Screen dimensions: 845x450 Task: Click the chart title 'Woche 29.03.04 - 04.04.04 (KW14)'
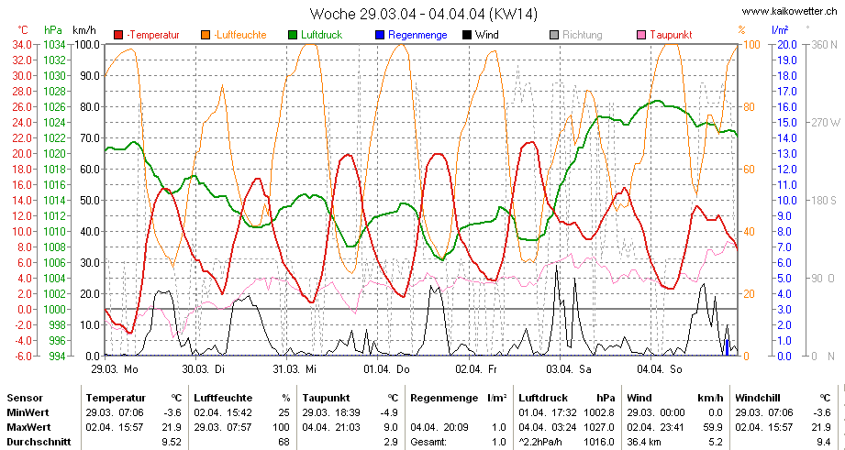point(424,14)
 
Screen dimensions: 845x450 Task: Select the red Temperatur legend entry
point(147,35)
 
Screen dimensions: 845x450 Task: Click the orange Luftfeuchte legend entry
point(235,35)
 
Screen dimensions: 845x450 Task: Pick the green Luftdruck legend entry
point(316,35)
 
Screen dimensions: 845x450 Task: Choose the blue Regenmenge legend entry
point(411,35)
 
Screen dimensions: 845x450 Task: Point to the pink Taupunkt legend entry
point(664,35)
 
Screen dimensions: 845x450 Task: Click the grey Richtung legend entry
point(576,35)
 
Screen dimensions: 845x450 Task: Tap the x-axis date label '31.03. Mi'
point(295,369)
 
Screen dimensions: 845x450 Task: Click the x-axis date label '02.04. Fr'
point(476,369)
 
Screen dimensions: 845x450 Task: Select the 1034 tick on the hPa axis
point(54,45)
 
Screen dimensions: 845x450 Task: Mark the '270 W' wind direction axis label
point(826,123)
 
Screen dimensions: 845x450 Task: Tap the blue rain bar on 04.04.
point(727,347)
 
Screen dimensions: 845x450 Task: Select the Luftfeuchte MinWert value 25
point(284,412)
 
